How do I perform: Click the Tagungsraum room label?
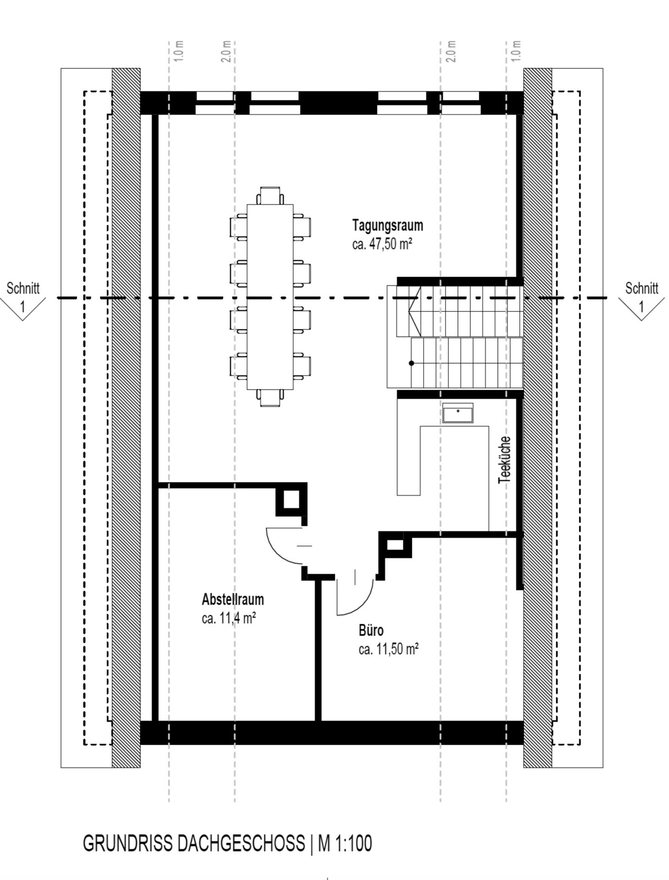(x=388, y=225)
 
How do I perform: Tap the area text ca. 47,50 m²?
(x=382, y=244)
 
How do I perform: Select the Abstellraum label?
(x=233, y=599)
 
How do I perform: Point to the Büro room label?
(x=371, y=630)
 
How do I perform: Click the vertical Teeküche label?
(x=505, y=459)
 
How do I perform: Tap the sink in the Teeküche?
(x=458, y=413)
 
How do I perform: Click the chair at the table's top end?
(x=270, y=196)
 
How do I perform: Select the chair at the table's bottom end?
(x=270, y=398)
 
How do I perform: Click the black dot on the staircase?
(x=411, y=363)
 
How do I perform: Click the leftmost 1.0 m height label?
(x=179, y=51)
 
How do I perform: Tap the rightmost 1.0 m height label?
(x=516, y=51)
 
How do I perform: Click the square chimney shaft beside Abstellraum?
(x=291, y=500)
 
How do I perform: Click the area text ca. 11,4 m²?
(x=229, y=618)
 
